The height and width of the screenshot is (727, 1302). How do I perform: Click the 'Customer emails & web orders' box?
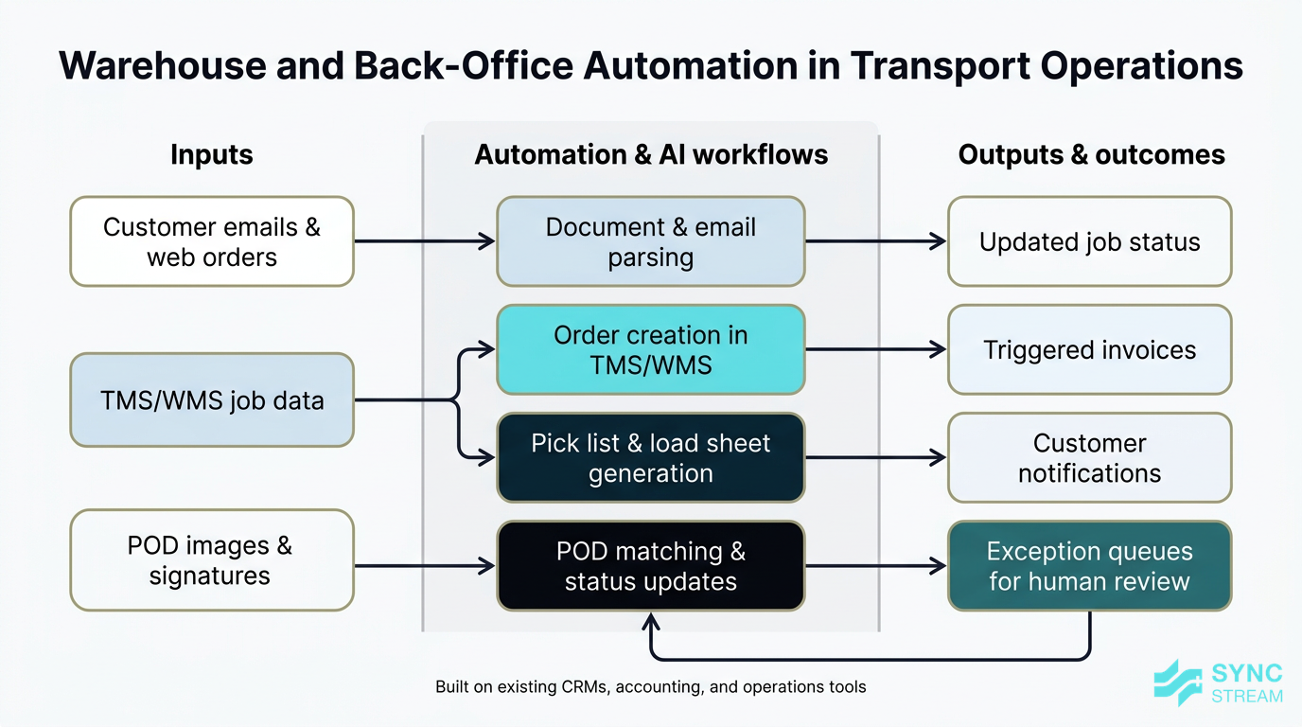[212, 241]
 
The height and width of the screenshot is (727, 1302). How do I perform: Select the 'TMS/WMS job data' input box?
[212, 399]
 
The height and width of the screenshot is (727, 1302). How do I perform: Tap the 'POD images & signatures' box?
[212, 559]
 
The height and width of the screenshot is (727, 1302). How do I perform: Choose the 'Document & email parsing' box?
[651, 241]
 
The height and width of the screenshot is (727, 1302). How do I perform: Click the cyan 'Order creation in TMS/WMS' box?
[651, 349]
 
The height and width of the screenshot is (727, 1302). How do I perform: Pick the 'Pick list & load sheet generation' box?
[651, 457]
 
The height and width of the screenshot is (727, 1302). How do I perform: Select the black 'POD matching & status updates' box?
[651, 565]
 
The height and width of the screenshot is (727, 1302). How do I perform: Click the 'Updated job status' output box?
[1089, 241]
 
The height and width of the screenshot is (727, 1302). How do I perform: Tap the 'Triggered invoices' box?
[1089, 349]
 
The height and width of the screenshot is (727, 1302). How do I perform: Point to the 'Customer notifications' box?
[1089, 457]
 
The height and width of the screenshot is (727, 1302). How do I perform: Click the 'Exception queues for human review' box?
[1089, 565]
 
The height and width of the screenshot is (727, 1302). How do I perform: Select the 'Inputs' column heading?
[212, 154]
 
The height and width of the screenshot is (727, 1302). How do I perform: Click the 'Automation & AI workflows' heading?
[651, 154]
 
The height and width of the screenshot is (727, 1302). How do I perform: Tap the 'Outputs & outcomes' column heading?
[1091, 154]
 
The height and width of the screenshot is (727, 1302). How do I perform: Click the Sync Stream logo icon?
[1178, 683]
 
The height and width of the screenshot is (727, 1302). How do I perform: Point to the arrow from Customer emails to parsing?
[425, 241]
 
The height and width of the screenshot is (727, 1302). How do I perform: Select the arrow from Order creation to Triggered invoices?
[875, 349]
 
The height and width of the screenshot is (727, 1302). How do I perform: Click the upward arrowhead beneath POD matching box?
[650, 621]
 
